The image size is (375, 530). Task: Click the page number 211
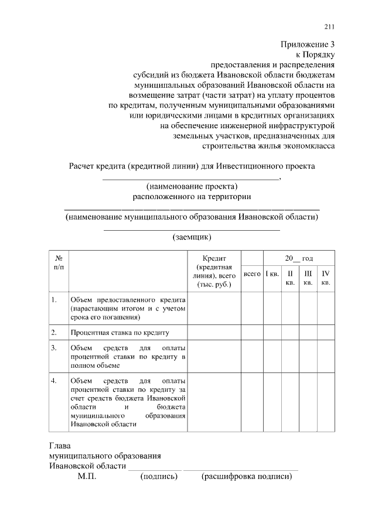point(329,26)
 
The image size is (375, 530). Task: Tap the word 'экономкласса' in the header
point(309,146)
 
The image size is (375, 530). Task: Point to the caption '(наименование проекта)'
point(192,187)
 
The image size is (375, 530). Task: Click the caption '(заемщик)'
point(192,237)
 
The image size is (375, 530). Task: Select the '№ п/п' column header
point(59,262)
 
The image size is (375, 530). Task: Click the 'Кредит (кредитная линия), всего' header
point(214,271)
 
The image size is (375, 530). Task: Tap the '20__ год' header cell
point(299,258)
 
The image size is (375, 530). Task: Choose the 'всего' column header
point(252,273)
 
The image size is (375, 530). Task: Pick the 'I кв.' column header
point(272,273)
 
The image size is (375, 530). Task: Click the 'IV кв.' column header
point(326,278)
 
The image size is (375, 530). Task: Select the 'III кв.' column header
point(308,278)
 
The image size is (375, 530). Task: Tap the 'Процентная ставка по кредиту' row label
point(120,333)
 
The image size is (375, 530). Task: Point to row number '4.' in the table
point(54,381)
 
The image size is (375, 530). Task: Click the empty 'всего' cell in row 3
point(252,357)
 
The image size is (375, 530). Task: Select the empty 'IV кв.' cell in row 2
point(326,333)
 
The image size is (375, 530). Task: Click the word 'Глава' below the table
point(60,445)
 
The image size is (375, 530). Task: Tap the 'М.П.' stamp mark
point(87,477)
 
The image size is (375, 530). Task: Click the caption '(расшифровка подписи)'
point(247,477)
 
